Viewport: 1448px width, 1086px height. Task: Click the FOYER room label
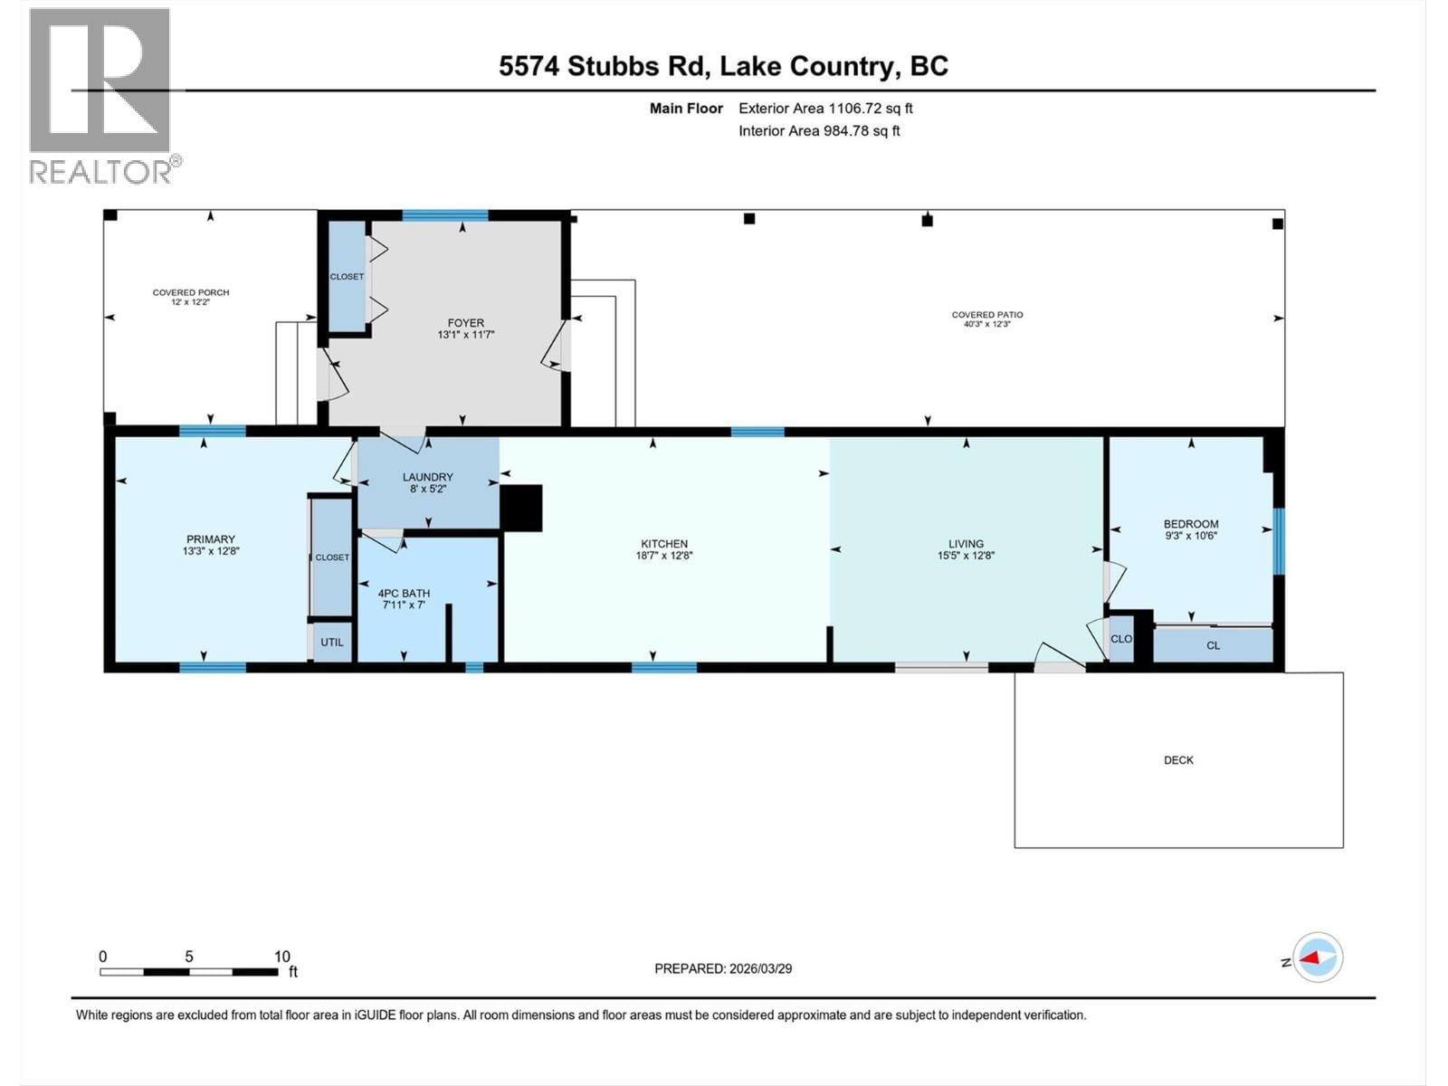(465, 322)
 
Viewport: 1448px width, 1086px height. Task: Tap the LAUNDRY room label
(427, 477)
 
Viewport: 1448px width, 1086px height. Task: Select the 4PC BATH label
(404, 594)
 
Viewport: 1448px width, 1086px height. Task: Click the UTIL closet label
(332, 643)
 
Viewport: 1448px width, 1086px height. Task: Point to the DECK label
(1178, 760)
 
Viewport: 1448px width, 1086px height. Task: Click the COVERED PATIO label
(986, 315)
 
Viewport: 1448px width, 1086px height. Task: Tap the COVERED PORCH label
(191, 292)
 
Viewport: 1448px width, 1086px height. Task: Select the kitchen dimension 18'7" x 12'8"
(663, 557)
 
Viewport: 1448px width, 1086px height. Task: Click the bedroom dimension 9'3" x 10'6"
(1191, 536)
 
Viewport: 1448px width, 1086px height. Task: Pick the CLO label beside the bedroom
(1121, 639)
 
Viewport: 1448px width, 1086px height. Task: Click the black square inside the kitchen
(520, 508)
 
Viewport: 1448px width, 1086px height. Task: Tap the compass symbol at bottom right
(1318, 957)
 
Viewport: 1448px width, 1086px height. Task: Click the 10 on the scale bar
(282, 957)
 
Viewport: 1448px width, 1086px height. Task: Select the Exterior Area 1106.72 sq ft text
(825, 109)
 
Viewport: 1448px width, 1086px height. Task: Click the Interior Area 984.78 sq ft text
(819, 131)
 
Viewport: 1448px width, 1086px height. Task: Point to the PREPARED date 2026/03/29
(723, 968)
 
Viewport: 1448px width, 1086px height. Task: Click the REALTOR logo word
(101, 171)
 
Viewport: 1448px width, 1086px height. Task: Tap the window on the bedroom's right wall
(1278, 541)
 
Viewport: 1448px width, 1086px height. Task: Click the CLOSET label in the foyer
(347, 277)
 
